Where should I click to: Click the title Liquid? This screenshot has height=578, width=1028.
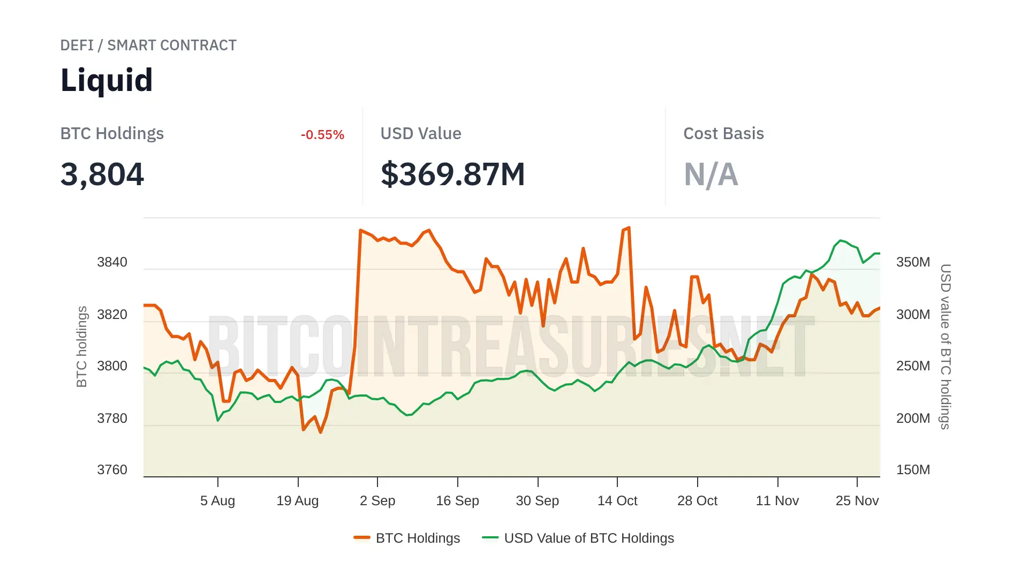pyautogui.click(x=107, y=80)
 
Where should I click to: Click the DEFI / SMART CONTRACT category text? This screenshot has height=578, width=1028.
pyautogui.click(x=148, y=45)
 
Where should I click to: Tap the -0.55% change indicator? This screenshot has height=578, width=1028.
pyautogui.click(x=322, y=135)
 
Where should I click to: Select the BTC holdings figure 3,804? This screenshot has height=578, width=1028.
pyautogui.click(x=102, y=174)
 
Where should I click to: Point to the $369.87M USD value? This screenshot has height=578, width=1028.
pyautogui.click(x=452, y=174)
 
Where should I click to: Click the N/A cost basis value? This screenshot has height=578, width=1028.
pyautogui.click(x=710, y=174)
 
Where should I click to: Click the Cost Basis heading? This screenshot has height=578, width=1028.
pyautogui.click(x=723, y=134)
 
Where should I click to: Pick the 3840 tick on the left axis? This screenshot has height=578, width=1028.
pyautogui.click(x=112, y=262)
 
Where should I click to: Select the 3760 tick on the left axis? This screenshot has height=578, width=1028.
pyautogui.click(x=112, y=470)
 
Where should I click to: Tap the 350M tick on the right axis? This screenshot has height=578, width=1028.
pyautogui.click(x=913, y=262)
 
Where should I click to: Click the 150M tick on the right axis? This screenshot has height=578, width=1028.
pyautogui.click(x=913, y=470)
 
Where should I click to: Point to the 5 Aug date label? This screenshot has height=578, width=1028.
pyautogui.click(x=217, y=501)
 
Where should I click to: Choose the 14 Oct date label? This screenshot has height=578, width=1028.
pyautogui.click(x=617, y=501)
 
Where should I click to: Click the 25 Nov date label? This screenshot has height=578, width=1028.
pyautogui.click(x=857, y=501)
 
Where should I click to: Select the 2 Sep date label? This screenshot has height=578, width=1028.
pyautogui.click(x=377, y=501)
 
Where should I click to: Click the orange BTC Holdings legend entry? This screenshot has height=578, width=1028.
pyautogui.click(x=407, y=538)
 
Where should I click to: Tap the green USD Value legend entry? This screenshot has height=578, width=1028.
pyautogui.click(x=578, y=538)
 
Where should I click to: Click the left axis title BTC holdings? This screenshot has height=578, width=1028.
pyautogui.click(x=81, y=346)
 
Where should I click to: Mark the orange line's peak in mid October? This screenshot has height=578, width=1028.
pyautogui.click(x=629, y=228)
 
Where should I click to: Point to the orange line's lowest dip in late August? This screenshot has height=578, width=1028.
pyautogui.click(x=321, y=432)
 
